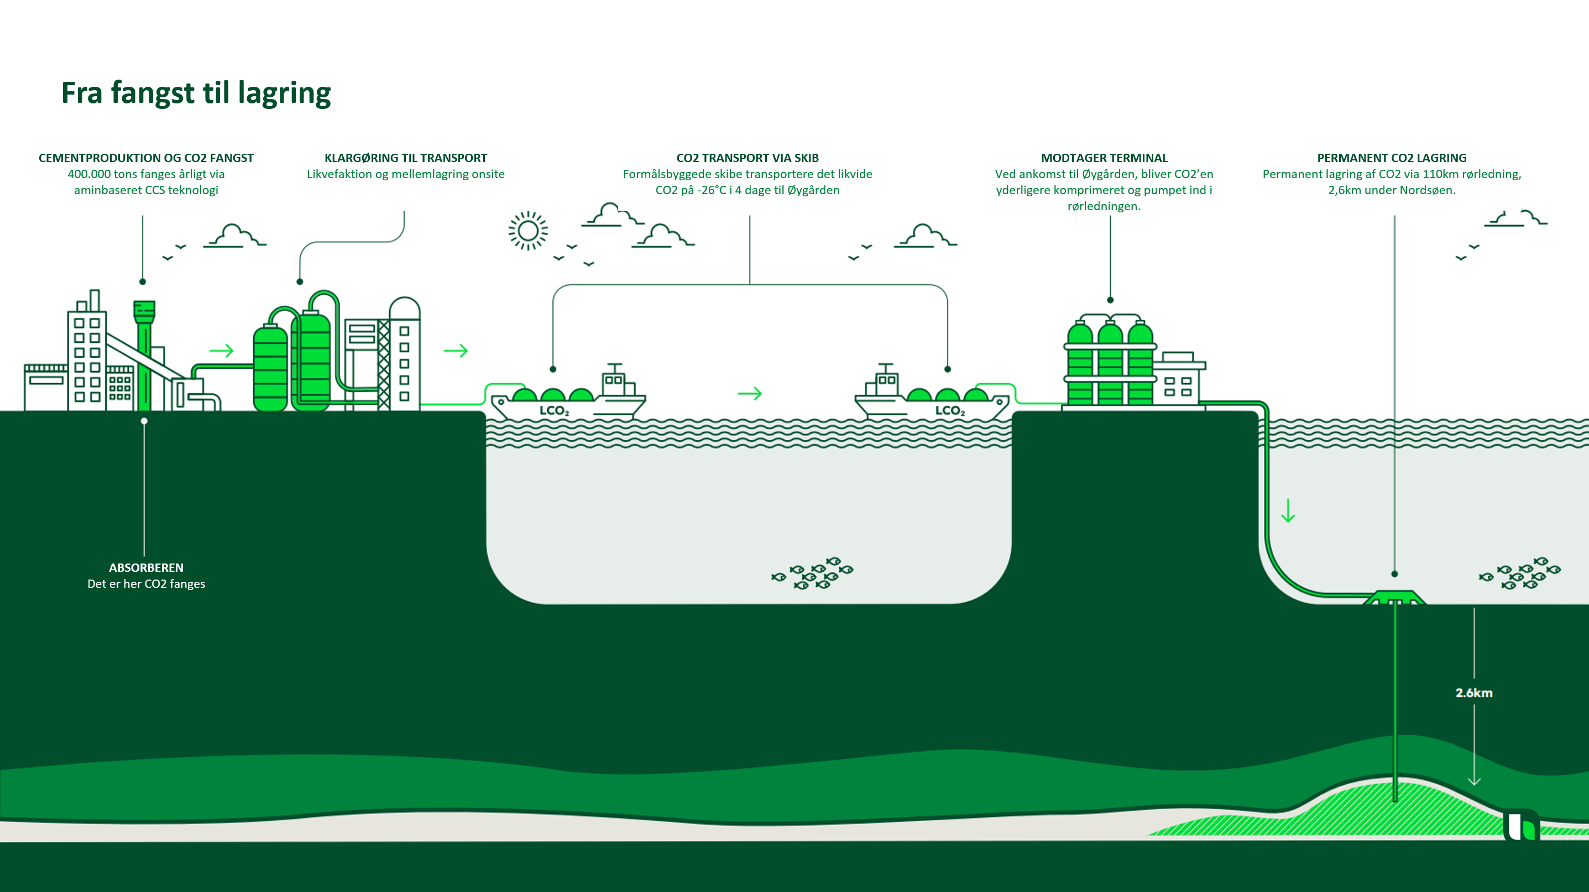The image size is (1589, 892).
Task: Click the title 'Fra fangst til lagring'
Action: point(196,93)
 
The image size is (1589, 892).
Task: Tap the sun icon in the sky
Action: point(528,231)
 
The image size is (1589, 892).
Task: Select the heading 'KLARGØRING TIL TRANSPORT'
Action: point(405,158)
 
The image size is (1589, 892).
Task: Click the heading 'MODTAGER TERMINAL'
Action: point(1104,158)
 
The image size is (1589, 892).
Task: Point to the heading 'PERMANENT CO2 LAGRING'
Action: point(1392,158)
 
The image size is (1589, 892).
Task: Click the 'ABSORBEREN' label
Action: point(146,567)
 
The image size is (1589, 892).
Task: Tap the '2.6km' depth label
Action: point(1473,693)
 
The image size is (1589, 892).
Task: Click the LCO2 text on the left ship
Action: point(554,411)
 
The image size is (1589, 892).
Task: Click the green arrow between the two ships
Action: point(750,394)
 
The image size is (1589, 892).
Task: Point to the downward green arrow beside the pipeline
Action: point(1288,511)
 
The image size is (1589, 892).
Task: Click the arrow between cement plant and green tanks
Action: point(222,351)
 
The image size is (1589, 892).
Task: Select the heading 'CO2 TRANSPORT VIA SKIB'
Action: point(747,158)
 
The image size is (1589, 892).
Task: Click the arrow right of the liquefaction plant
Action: point(456,351)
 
